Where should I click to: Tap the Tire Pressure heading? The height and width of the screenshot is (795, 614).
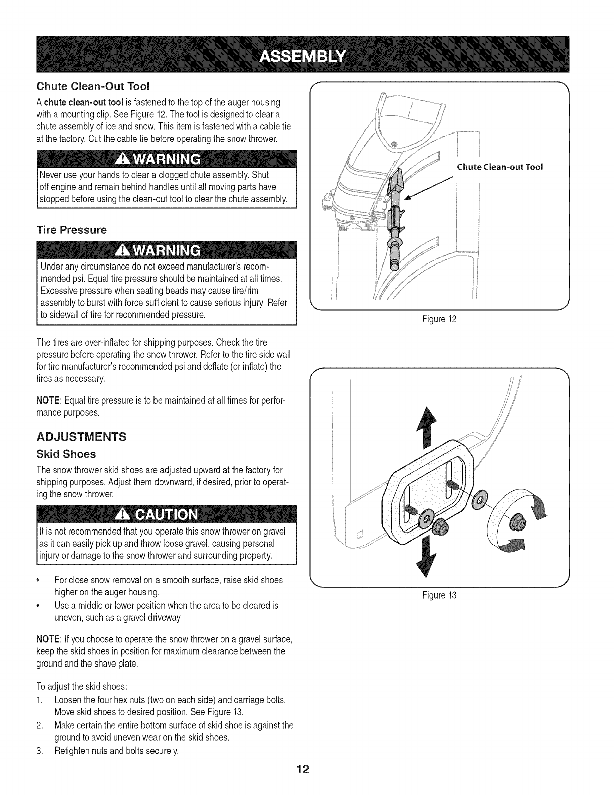pyautogui.click(x=71, y=230)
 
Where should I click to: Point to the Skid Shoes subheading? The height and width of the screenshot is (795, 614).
pyautogui.click(x=66, y=454)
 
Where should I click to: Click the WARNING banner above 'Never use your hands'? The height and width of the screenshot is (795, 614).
pyautogui.click(x=159, y=160)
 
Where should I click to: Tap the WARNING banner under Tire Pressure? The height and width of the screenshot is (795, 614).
pyautogui.click(x=159, y=251)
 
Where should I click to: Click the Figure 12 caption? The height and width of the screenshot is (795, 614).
pyautogui.click(x=439, y=319)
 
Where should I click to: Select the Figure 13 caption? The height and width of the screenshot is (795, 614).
pyautogui.click(x=439, y=596)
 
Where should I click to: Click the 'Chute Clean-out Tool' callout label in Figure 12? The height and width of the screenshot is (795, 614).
pyautogui.click(x=500, y=167)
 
